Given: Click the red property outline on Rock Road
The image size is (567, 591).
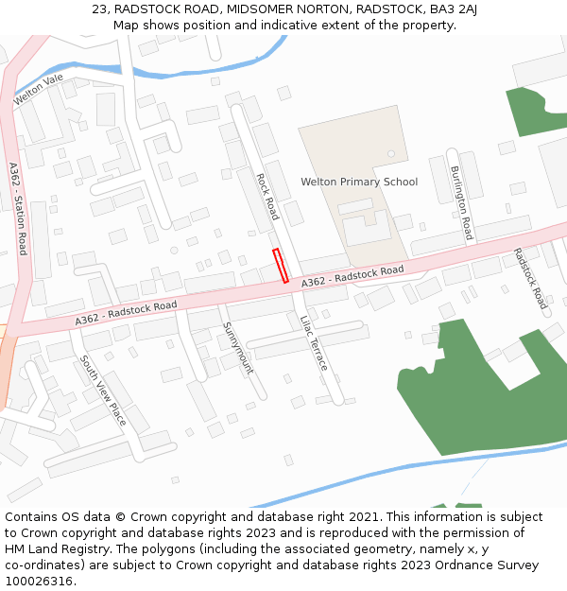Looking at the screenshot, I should tap(281, 265).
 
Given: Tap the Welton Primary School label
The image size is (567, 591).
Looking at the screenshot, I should tap(359, 182).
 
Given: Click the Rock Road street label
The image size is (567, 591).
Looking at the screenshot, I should tap(267, 196).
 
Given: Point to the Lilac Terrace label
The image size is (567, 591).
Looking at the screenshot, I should tap(314, 341).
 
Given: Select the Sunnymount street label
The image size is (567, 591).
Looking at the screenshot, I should tap(238, 347).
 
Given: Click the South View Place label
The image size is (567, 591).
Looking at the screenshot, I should tap(103, 390).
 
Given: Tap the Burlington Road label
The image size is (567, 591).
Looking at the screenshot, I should tap(460, 202).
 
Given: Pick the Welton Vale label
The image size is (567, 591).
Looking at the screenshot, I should tap(39, 91).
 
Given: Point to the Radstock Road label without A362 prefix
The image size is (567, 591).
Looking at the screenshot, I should tap(530, 279).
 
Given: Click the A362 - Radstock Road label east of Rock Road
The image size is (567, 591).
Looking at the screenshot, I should tap(352, 276).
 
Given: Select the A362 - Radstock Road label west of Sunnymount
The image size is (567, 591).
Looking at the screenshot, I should tap(127, 314).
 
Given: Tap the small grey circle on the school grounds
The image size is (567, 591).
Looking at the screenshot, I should tap(389, 152).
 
